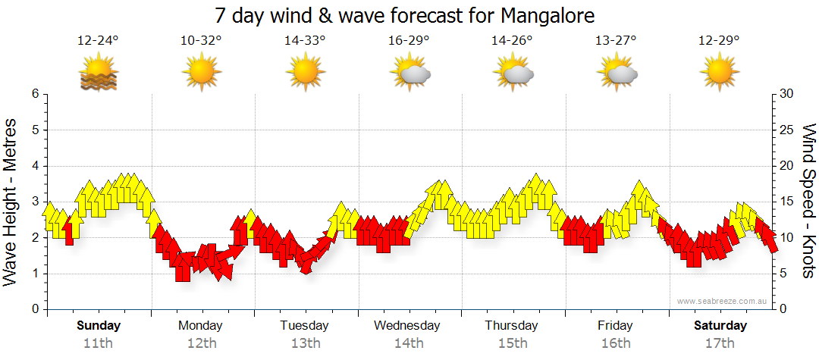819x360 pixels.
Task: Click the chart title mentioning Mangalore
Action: [404, 15]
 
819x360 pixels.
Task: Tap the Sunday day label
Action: [99, 326]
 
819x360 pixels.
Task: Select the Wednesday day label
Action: [407, 326]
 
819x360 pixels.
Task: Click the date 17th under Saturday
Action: [720, 343]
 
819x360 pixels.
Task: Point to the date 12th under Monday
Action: [202, 343]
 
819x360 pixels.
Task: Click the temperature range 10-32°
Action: [202, 40]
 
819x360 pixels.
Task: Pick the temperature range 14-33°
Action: [305, 40]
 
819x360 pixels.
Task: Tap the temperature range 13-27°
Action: [616, 40]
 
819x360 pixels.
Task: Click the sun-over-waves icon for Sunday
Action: [99, 74]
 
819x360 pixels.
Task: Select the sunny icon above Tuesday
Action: [305, 74]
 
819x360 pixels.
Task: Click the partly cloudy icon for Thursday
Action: [513, 74]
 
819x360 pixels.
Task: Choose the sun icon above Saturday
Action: [720, 74]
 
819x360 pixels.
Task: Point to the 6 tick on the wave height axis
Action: [34, 94]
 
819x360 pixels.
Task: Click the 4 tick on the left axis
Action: [34, 166]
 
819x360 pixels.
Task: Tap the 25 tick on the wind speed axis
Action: [787, 130]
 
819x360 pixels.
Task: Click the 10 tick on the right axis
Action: [787, 238]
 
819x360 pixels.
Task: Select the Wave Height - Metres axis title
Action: [11, 202]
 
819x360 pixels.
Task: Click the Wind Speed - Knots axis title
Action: [808, 202]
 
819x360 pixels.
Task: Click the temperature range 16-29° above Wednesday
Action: [409, 40]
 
